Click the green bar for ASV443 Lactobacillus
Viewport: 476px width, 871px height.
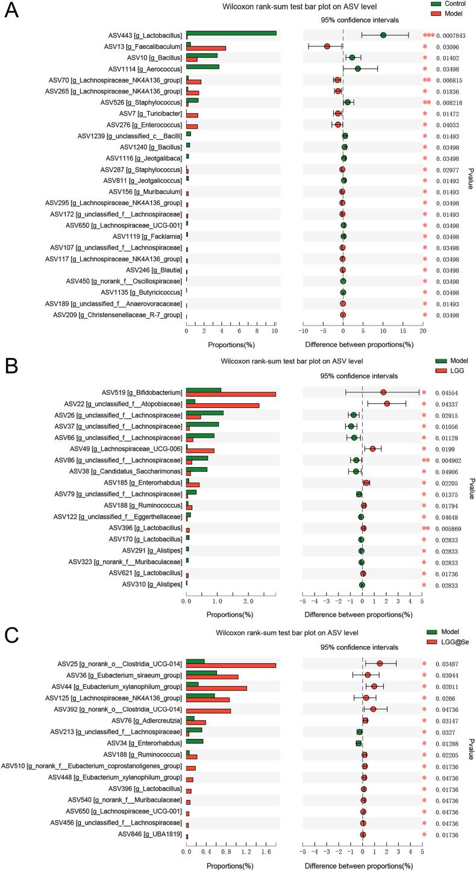coord(231,33)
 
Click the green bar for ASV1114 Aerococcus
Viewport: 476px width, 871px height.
coord(202,67)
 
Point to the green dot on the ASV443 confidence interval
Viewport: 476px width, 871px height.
coord(383,36)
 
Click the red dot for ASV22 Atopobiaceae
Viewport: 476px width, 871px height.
coord(387,404)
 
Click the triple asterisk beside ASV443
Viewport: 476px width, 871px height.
coord(428,36)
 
